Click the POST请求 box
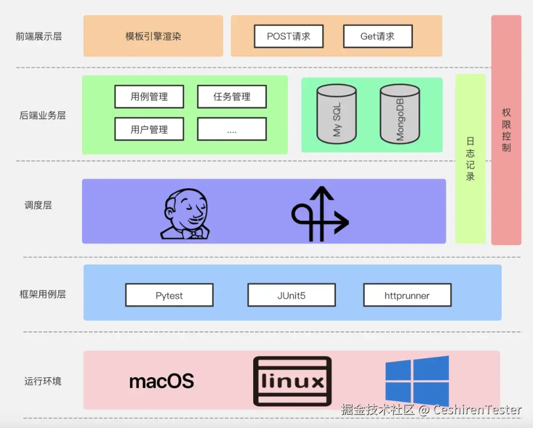289,36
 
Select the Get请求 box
378,36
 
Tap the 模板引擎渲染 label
153,36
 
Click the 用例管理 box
149,97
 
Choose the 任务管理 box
232,97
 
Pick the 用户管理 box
149,129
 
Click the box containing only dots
232,129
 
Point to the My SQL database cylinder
337,114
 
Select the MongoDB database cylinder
400,114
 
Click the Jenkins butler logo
185,214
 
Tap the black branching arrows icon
320,214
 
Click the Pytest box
169,295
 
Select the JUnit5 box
292,295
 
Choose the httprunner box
407,295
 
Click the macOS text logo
161,381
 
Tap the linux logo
292,381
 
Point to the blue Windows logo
417,381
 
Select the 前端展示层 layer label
39,36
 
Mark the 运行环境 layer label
43,381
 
